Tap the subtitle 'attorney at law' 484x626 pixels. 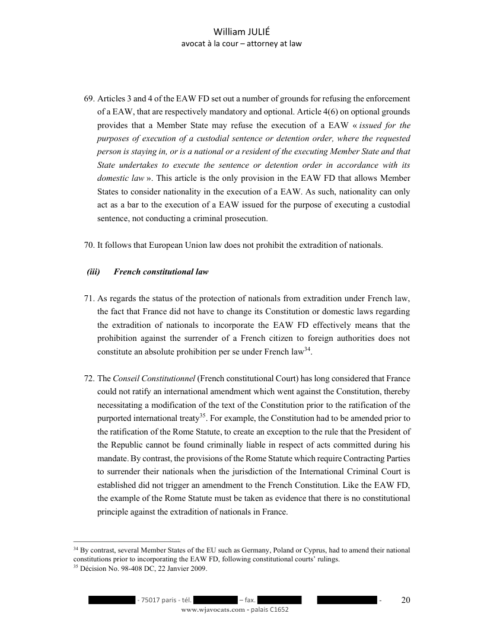pyautogui.click(x=276, y=43)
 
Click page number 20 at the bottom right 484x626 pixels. pyautogui.click(x=406, y=601)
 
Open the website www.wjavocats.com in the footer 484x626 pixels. pyautogui.click(x=214, y=610)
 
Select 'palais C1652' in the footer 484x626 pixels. pyautogui.click(x=269, y=610)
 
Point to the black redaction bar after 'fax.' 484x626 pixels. pyautogui.click(x=280, y=601)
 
